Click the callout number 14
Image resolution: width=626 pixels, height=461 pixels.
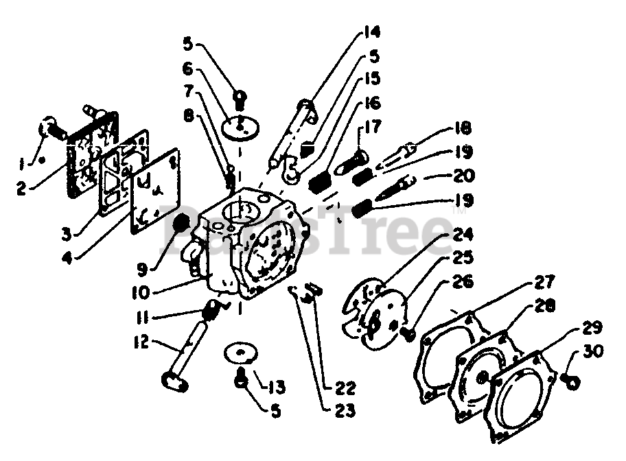point(371,33)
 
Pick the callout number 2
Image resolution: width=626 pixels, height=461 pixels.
point(22,187)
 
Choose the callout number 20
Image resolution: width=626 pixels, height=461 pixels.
point(463,176)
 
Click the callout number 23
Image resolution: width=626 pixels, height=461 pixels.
point(345,412)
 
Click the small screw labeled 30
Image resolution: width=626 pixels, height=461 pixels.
point(569,377)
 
